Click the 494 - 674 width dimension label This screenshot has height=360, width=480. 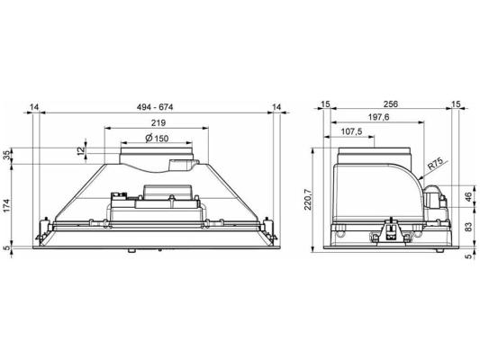click(x=155, y=107)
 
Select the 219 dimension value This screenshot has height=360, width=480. click(x=158, y=122)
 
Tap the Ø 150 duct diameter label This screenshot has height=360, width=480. click(x=157, y=139)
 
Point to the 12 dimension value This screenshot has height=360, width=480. click(x=81, y=150)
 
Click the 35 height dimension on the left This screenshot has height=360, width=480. click(x=6, y=156)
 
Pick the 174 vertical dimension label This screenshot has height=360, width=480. click(x=6, y=205)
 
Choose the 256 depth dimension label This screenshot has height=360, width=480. click(x=391, y=104)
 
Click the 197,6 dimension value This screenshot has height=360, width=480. click(x=377, y=117)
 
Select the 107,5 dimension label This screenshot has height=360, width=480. click(x=351, y=131)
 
